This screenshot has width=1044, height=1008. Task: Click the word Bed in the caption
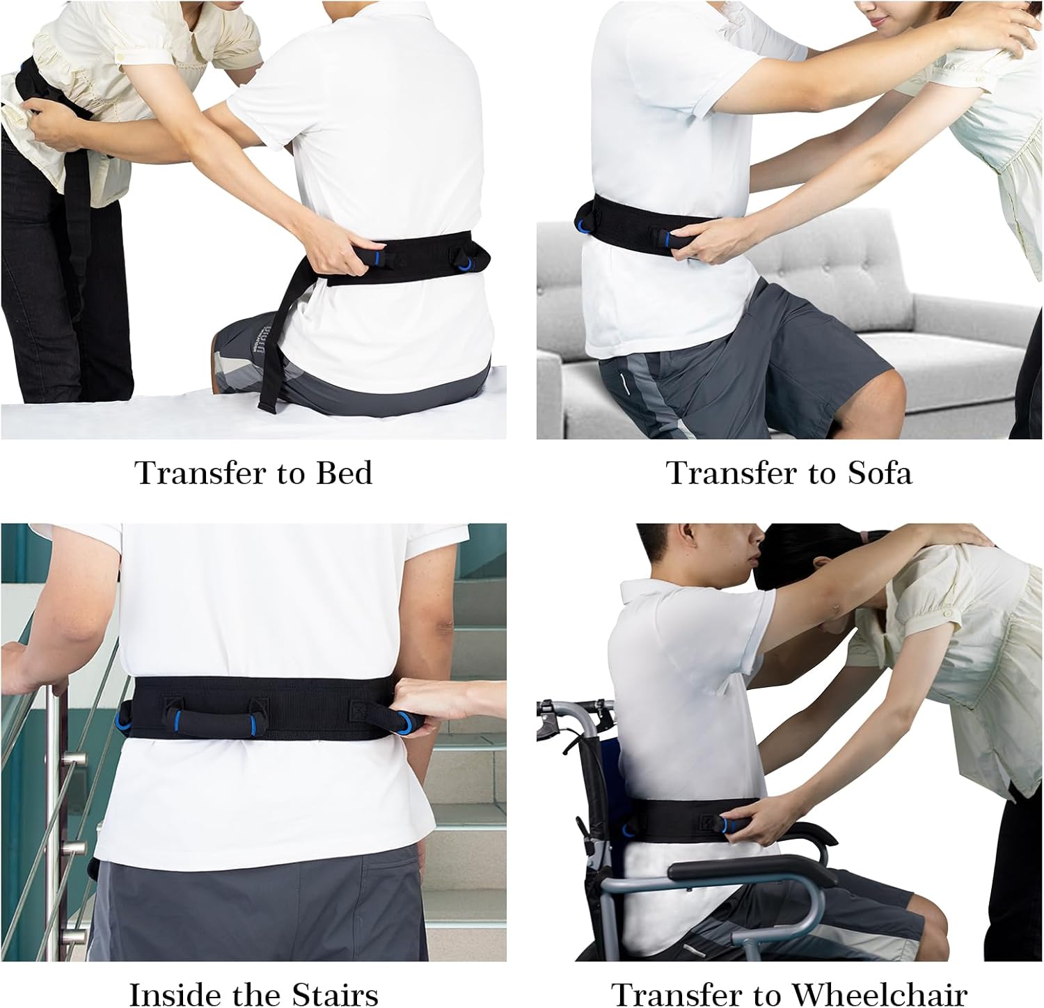(344, 473)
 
